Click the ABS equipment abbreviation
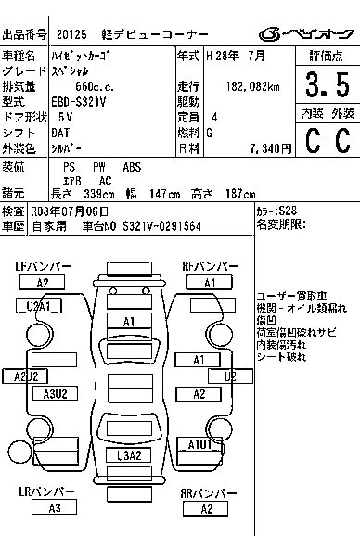point(132,167)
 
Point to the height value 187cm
point(237,194)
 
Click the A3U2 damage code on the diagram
point(55,393)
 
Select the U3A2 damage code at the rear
point(130,455)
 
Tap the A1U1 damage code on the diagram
point(200,444)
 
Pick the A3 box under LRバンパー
point(54,507)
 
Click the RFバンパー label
point(210,266)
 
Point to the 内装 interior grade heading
point(312,113)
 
